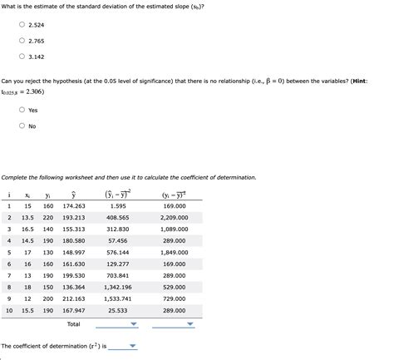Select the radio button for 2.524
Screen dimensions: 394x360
click(x=22, y=25)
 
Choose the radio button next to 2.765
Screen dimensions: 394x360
click(x=22, y=41)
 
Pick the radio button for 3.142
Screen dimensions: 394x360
click(x=22, y=57)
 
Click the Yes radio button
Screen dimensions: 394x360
click(x=22, y=111)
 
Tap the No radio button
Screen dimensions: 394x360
click(x=22, y=126)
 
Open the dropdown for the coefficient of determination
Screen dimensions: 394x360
click(x=132, y=347)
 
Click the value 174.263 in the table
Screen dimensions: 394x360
click(x=74, y=205)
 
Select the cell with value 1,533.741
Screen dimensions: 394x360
click(x=118, y=298)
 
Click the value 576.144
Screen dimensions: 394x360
click(x=118, y=252)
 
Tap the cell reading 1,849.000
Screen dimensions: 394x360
click(x=174, y=252)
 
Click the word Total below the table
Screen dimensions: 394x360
click(x=74, y=323)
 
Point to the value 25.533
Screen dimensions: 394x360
click(x=118, y=310)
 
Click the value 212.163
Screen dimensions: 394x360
click(x=74, y=298)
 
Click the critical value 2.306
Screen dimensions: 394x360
click(x=34, y=91)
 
